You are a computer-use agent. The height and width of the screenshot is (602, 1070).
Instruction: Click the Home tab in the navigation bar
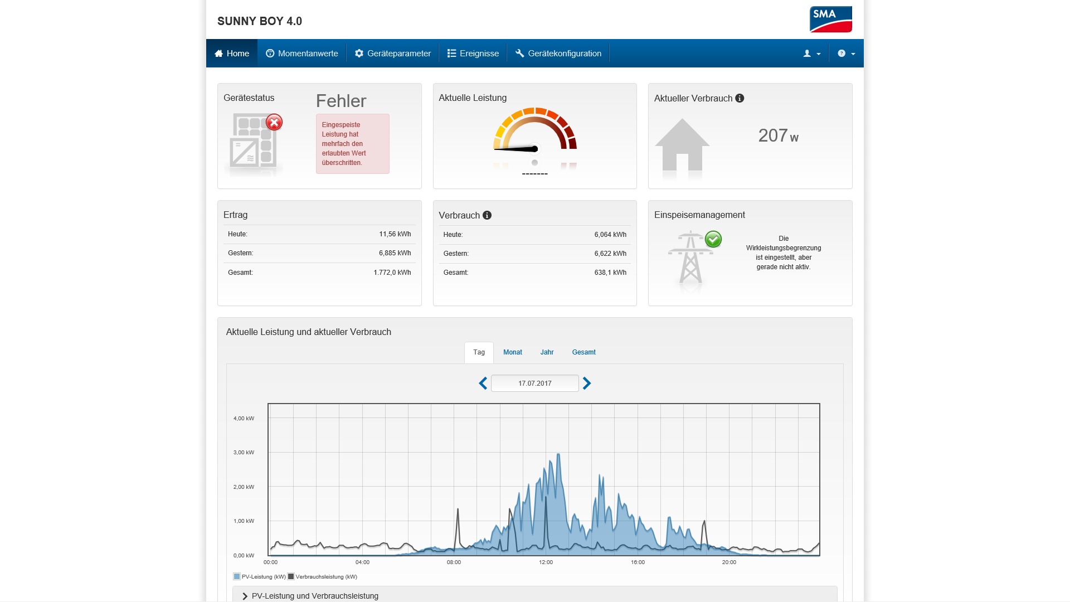(232, 54)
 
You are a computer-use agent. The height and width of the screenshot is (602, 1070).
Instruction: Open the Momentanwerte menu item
(301, 54)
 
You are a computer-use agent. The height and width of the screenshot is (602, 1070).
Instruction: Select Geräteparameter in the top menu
(393, 54)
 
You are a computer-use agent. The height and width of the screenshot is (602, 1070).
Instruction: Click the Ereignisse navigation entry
(473, 54)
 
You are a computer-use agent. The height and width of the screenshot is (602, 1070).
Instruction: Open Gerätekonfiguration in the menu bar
(558, 54)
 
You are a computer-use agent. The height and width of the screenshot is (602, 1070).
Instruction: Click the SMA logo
(830, 20)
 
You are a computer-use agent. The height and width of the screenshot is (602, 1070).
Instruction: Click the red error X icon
(274, 122)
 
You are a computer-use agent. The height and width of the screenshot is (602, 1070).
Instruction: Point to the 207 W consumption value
(778, 135)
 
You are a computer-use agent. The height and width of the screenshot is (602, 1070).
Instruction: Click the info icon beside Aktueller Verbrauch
(740, 98)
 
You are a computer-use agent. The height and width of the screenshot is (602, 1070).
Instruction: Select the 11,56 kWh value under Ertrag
(395, 234)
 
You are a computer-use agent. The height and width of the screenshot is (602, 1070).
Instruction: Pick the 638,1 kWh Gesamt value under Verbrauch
(610, 273)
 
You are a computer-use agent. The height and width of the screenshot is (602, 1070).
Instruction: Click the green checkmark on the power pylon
(713, 239)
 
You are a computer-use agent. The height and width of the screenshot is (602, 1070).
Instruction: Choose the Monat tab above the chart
(513, 352)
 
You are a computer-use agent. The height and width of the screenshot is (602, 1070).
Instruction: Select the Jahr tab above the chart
(547, 352)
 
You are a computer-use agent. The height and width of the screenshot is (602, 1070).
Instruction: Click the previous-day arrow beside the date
(483, 383)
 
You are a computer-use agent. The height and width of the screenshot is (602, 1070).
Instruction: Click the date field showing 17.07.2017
(535, 383)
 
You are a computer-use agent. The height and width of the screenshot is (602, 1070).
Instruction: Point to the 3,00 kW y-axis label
(244, 453)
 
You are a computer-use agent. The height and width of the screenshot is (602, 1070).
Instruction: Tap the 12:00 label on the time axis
(546, 562)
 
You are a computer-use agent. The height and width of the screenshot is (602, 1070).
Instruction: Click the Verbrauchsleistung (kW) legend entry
(323, 577)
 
